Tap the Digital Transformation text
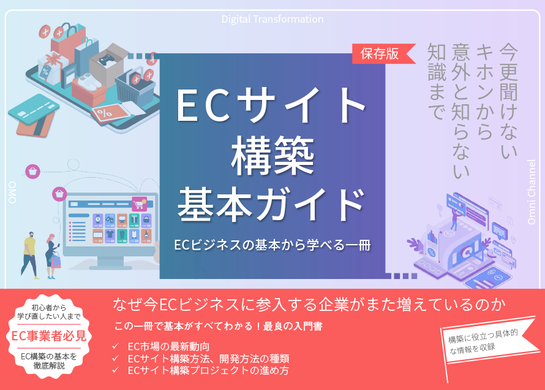(x=272, y=19)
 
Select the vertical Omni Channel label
(x=531, y=192)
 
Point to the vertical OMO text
(x=12, y=193)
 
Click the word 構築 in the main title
(x=272, y=156)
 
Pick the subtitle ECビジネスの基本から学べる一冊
(x=272, y=245)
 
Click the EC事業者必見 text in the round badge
(x=48, y=335)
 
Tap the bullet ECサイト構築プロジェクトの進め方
(x=208, y=370)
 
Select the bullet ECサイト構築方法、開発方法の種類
(x=208, y=358)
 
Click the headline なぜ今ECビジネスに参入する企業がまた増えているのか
(x=309, y=305)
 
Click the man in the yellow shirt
(x=30, y=255)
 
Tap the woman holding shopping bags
(x=53, y=256)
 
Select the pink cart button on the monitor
(x=139, y=204)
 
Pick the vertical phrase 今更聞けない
(x=508, y=101)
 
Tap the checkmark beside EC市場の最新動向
(x=116, y=346)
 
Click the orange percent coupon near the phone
(x=108, y=114)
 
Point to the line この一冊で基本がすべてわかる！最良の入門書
(x=218, y=326)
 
